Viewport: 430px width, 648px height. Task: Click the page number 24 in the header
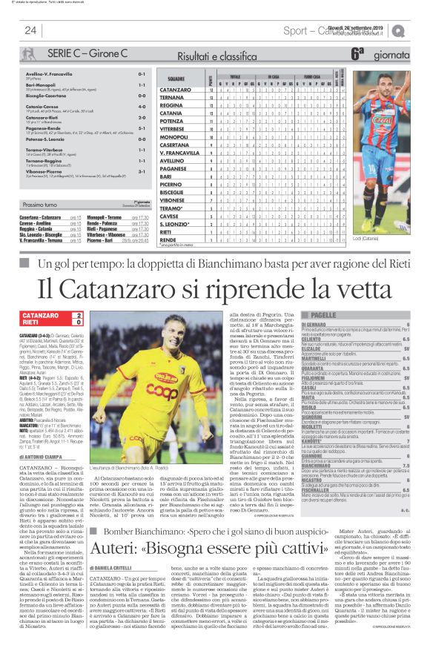coord(30,30)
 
